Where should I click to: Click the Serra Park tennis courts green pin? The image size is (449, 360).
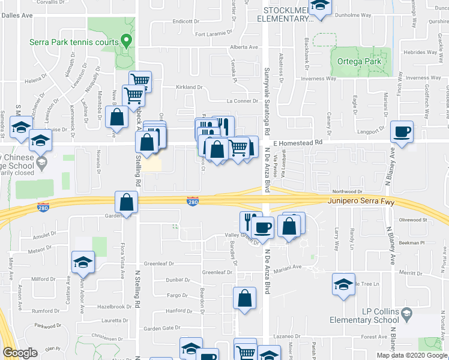point(125,41)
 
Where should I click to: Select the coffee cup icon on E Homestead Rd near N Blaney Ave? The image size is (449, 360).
point(402,131)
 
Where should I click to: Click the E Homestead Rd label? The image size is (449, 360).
point(298,142)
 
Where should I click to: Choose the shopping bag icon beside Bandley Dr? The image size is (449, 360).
point(244,298)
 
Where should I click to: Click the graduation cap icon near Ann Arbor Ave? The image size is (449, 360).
point(83,262)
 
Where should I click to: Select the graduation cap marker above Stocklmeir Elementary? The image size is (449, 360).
point(321,5)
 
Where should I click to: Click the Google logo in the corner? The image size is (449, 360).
point(20,353)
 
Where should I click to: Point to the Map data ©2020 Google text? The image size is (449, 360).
point(411,355)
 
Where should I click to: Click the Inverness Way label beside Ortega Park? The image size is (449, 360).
point(318,78)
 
